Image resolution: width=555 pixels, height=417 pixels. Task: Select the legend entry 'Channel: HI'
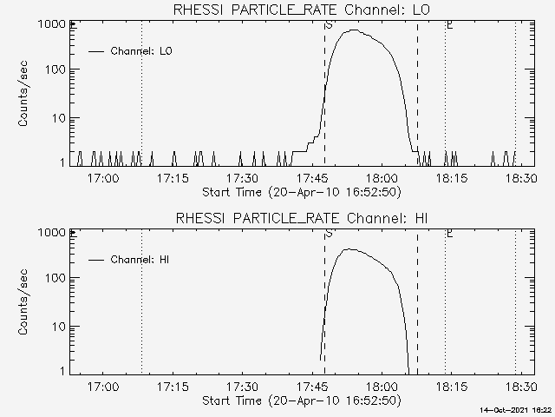(139, 260)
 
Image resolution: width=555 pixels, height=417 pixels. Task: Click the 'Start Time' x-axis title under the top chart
(299, 192)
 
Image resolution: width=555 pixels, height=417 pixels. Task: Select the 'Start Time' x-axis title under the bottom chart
(299, 400)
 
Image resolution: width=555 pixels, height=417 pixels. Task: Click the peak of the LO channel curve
(354, 30)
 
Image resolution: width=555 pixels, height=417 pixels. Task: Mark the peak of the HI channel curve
(349, 249)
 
